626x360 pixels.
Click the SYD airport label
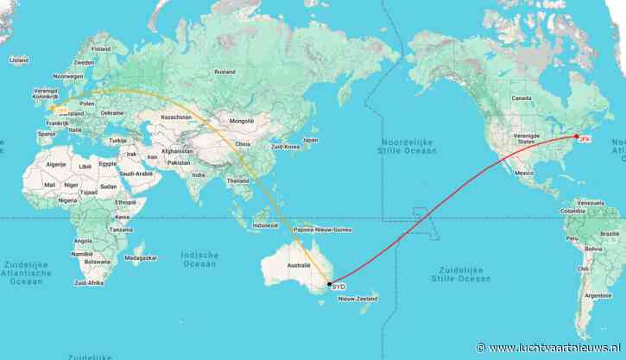pyautogui.click(x=338, y=285)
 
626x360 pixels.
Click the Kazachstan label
pyautogui.click(x=175, y=117)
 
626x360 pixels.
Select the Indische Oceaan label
pyautogui.click(x=199, y=259)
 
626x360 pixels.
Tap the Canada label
pyautogui.click(x=522, y=98)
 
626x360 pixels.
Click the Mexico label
pyautogui.click(x=524, y=173)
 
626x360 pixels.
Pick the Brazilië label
pyautogui.click(x=610, y=233)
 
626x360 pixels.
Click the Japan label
pyautogui.click(x=310, y=140)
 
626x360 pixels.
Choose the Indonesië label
pyautogui.click(x=265, y=224)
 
